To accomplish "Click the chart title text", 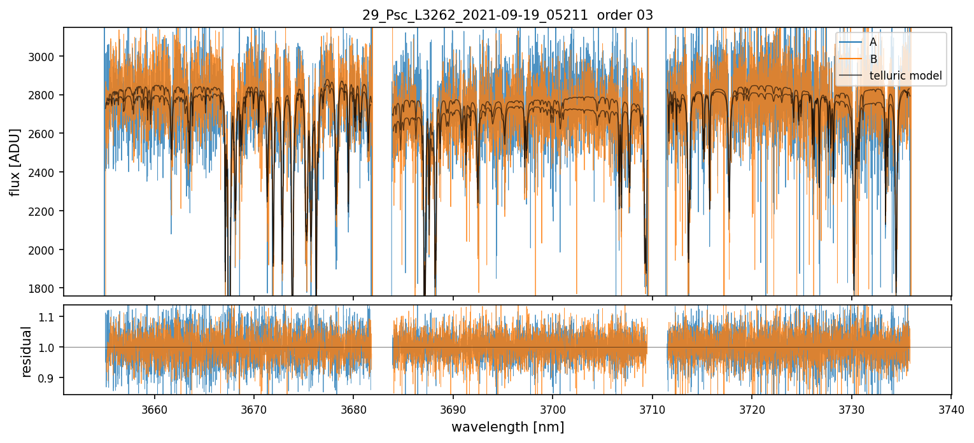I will click(x=507, y=15).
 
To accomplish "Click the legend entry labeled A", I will click(x=873, y=42).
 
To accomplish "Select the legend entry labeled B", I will click(x=873, y=59).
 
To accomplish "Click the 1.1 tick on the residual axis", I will click(x=50, y=316).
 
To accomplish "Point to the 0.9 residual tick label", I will click(x=50, y=378).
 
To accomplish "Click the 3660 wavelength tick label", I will click(x=154, y=410).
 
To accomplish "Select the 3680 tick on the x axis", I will click(x=353, y=410).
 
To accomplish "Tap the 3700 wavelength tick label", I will click(x=553, y=410).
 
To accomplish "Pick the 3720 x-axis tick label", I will click(x=752, y=410).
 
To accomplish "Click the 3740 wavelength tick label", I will click(x=951, y=410).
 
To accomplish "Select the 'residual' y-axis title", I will click(x=27, y=351).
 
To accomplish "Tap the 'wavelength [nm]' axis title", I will click(x=507, y=427).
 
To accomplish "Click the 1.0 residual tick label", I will click(x=50, y=348).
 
